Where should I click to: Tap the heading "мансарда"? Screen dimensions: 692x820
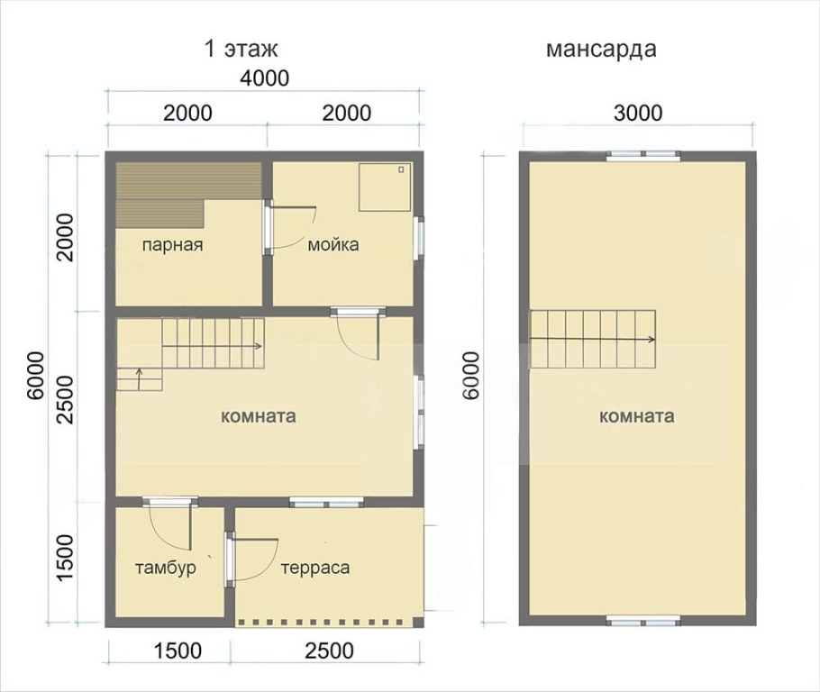(601, 49)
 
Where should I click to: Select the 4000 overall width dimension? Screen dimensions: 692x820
(264, 78)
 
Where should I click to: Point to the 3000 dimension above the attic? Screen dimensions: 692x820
(637, 113)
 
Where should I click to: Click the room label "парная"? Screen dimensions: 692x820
(172, 244)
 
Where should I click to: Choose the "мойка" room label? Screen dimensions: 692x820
(333, 244)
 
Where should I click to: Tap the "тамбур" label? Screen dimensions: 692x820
(165, 569)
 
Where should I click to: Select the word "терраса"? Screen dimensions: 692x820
(314, 569)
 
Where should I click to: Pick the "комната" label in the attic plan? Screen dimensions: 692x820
(636, 416)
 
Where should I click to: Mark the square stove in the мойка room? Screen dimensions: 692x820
(385, 187)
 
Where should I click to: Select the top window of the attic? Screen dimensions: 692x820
(642, 155)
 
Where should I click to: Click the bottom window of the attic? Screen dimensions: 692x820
(642, 621)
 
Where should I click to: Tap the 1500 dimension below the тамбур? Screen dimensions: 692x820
(170, 651)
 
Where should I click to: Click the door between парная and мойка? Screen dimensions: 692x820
(268, 229)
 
